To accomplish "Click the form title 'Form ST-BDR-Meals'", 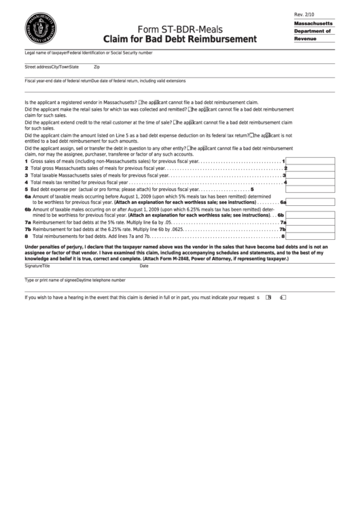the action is tap(180, 29).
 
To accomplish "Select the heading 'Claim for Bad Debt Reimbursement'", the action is tap(180, 39).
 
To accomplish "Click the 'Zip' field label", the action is tap(96, 67).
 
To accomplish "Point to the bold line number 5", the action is tap(251, 189).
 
